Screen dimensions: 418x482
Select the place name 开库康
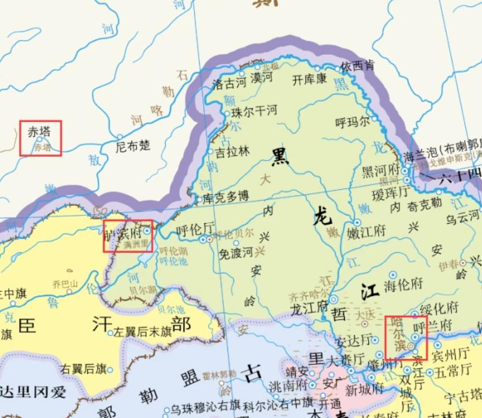click(x=309, y=79)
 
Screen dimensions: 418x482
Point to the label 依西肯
click(x=357, y=66)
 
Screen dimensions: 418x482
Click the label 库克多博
click(x=226, y=197)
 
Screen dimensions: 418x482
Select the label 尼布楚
click(x=133, y=146)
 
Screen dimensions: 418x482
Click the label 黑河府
click(x=381, y=171)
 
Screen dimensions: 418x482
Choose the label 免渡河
click(x=236, y=252)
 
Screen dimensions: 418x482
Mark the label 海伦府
click(x=404, y=284)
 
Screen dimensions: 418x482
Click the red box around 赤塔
click(x=40, y=138)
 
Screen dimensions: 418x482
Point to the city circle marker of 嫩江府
click(x=357, y=223)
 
